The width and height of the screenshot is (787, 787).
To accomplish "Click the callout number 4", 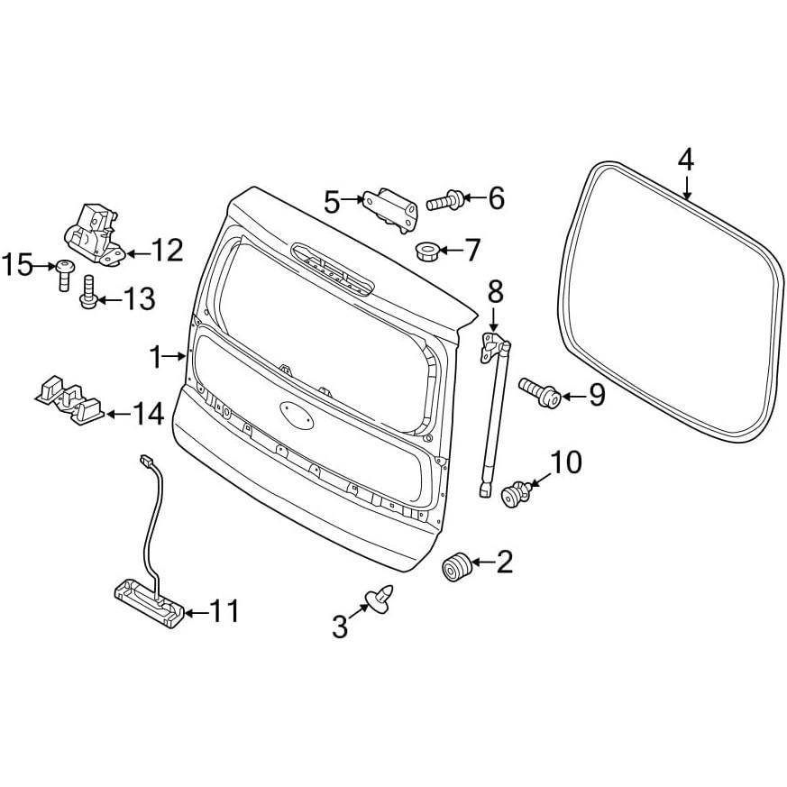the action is (x=685, y=160).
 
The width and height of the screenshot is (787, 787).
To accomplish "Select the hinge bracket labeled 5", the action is (x=391, y=210).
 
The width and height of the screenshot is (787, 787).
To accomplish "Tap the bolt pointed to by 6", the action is (x=444, y=200).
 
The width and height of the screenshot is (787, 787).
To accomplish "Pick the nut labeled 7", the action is (x=427, y=251).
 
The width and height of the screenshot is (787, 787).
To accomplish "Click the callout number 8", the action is (x=495, y=291).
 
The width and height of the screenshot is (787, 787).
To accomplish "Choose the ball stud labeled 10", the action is (x=517, y=492).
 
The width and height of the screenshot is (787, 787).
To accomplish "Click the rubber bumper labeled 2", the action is (x=457, y=566).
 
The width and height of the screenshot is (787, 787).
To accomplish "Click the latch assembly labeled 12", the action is (x=95, y=234).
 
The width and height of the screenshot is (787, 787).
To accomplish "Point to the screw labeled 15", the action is (x=64, y=276).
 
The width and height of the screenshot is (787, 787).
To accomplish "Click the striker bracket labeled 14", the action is (x=69, y=399).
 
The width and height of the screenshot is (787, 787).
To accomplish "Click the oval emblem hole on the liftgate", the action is (x=297, y=415).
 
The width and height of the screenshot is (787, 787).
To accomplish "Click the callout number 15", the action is (x=18, y=265).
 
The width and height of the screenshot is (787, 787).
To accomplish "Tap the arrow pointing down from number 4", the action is (x=687, y=187).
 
